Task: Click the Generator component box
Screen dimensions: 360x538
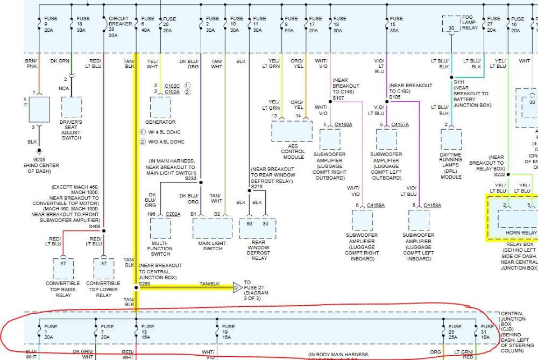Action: pos(160,107)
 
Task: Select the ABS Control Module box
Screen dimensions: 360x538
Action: pos(292,131)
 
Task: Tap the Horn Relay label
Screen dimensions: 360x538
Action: pos(521,233)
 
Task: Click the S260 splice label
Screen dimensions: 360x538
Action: pos(144,283)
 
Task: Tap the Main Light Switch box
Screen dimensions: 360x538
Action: pos(213,228)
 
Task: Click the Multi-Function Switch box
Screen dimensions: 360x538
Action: pos(160,228)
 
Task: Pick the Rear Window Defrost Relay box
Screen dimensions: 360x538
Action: pos(258,228)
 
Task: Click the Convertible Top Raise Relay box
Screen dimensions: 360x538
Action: pos(63,269)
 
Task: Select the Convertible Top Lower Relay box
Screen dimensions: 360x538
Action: pos(103,269)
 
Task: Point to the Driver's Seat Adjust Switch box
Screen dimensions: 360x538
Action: pos(72,107)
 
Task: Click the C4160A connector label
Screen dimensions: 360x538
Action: pos(343,125)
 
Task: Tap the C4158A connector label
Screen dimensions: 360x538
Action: pos(432,206)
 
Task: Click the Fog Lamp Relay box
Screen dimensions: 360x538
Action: pos(451,24)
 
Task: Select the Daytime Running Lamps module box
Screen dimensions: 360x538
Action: pos(451,139)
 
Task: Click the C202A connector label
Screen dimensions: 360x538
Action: pos(173,214)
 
